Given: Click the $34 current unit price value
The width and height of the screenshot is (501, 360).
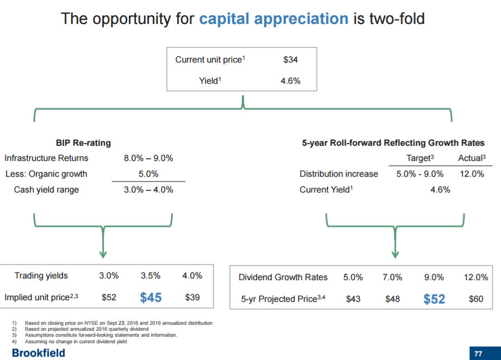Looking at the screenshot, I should pyautogui.click(x=290, y=60).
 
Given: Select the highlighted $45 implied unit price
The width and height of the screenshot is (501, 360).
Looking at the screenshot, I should pyautogui.click(x=151, y=297).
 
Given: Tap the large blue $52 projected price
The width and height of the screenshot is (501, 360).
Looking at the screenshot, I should pyautogui.click(x=434, y=299).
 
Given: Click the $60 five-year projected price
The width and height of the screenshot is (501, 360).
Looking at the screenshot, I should pyautogui.click(x=475, y=299).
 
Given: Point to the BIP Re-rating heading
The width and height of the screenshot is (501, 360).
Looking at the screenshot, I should pyautogui.click(x=83, y=143).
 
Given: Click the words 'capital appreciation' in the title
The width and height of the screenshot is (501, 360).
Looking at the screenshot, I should pyautogui.click(x=273, y=19).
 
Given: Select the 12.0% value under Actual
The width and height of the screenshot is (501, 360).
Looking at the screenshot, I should pyautogui.click(x=471, y=174).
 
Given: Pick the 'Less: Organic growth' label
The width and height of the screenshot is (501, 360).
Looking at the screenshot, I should pyautogui.click(x=46, y=174).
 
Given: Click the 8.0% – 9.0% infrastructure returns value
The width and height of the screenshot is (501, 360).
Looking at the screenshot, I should pyautogui.click(x=148, y=158).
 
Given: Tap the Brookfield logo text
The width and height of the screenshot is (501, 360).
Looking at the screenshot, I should pyautogui.click(x=33, y=353).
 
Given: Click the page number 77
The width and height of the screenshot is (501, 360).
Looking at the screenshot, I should pyautogui.click(x=478, y=353).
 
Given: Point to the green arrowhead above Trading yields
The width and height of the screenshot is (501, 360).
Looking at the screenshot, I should pyautogui.click(x=103, y=254).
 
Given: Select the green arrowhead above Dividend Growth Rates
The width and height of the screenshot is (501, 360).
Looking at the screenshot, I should pyautogui.click(x=395, y=254).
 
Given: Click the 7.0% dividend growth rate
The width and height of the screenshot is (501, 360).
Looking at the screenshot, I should pyautogui.click(x=392, y=277).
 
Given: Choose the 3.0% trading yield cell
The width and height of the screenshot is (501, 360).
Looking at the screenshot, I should pyautogui.click(x=109, y=276).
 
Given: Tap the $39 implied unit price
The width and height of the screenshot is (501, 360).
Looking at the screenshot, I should pyautogui.click(x=193, y=297).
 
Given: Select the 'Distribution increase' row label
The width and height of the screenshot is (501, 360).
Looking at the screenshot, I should pyautogui.click(x=339, y=174).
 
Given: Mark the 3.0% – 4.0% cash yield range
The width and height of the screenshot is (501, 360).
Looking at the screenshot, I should pyautogui.click(x=148, y=190).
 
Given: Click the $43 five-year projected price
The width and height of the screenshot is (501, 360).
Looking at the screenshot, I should pyautogui.click(x=353, y=299).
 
